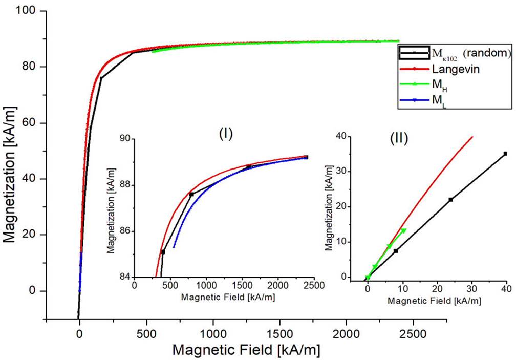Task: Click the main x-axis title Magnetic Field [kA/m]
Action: pyautogui.click(x=247, y=350)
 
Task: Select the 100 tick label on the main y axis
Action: pyautogui.click(x=31, y=11)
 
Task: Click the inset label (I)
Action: pyautogui.click(x=226, y=134)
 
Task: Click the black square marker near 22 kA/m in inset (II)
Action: pyautogui.click(x=450, y=199)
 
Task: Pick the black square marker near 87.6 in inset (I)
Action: pyautogui.click(x=191, y=195)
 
